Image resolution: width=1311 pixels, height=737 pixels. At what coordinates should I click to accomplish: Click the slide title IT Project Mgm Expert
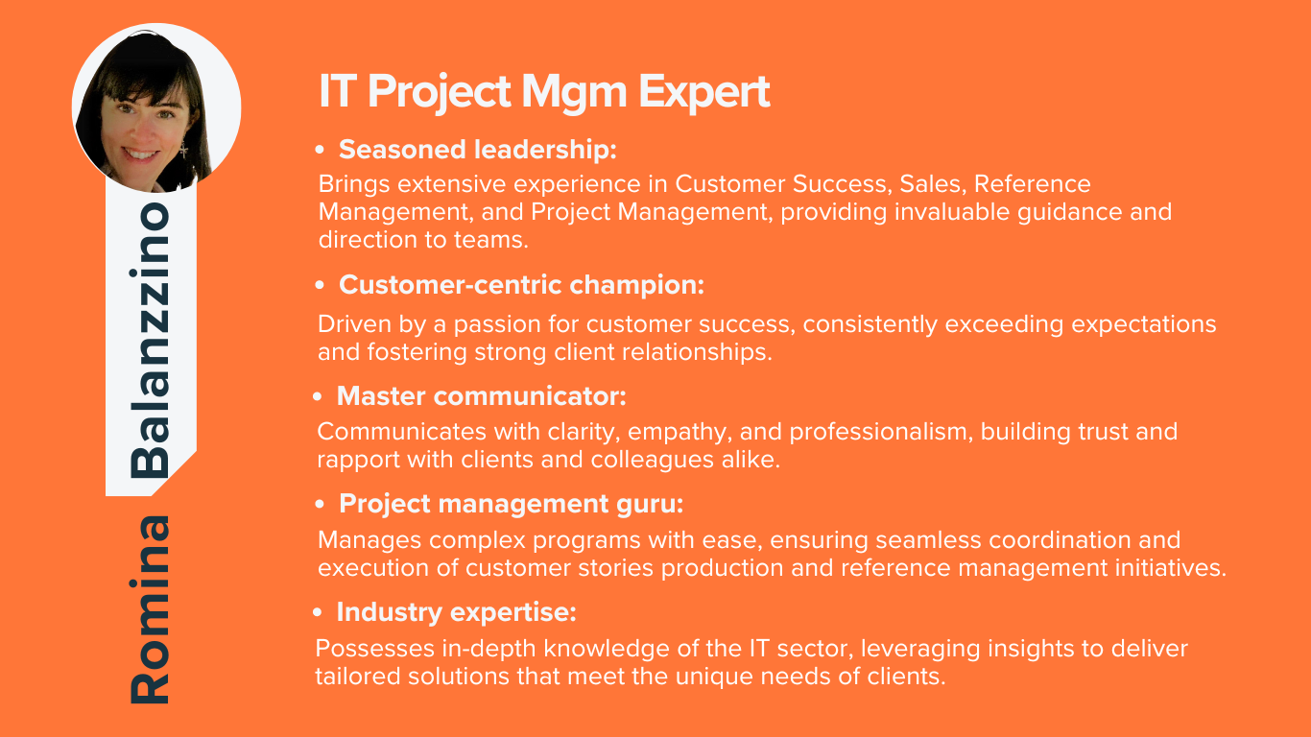tap(544, 92)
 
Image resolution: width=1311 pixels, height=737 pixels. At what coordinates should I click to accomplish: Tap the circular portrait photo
tap(156, 108)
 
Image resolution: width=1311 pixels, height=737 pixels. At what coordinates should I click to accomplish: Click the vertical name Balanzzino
tap(150, 340)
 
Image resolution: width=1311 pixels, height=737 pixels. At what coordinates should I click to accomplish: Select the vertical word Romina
tap(150, 609)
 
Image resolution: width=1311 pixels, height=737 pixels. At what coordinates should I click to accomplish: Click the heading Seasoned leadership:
tap(478, 150)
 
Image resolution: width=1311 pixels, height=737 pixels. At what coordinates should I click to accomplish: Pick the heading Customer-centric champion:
tap(521, 285)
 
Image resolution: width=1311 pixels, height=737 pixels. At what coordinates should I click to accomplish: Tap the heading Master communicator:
tap(481, 396)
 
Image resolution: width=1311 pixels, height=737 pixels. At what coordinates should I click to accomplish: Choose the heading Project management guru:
tap(511, 504)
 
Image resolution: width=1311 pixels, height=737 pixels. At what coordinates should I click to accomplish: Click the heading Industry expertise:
tap(457, 612)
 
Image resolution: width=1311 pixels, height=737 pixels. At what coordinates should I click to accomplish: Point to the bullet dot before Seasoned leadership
tap(320, 150)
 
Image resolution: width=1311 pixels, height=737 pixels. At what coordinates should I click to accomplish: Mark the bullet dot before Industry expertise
tap(318, 613)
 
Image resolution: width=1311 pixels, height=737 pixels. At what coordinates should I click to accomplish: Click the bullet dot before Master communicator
tap(318, 397)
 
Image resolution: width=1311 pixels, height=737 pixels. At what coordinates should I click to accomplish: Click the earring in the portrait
tap(183, 149)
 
